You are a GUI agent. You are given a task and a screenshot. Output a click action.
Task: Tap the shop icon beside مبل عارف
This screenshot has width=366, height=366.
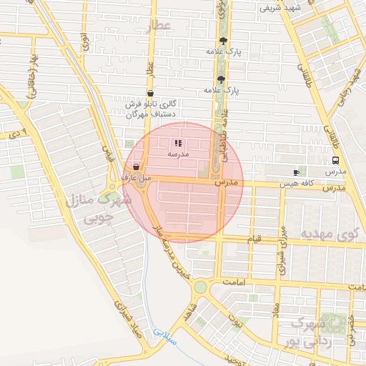pos(137,166)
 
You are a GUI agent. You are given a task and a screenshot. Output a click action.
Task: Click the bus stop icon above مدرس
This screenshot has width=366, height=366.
pos(336,161)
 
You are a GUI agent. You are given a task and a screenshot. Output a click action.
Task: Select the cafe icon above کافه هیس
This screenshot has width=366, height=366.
pos(297,172)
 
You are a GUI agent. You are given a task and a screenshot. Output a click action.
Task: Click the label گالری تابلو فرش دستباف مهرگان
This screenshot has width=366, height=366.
pos(151,109)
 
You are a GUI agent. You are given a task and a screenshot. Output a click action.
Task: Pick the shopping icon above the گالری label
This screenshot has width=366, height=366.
pos(149,94)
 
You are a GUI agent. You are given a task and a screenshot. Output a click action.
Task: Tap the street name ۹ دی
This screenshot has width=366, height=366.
pos(16,134)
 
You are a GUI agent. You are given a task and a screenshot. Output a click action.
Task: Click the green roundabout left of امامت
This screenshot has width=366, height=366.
pos(200,287)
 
